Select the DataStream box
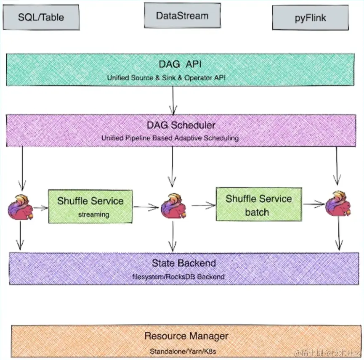click(x=182, y=16)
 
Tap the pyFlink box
click(x=310, y=18)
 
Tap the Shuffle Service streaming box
click(x=90, y=206)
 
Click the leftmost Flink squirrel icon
click(x=20, y=206)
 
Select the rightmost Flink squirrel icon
click(x=337, y=204)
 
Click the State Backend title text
click(x=184, y=263)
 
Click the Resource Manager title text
click(x=186, y=336)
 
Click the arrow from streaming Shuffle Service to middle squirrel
click(x=146, y=207)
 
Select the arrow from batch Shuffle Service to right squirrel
click(x=314, y=204)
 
